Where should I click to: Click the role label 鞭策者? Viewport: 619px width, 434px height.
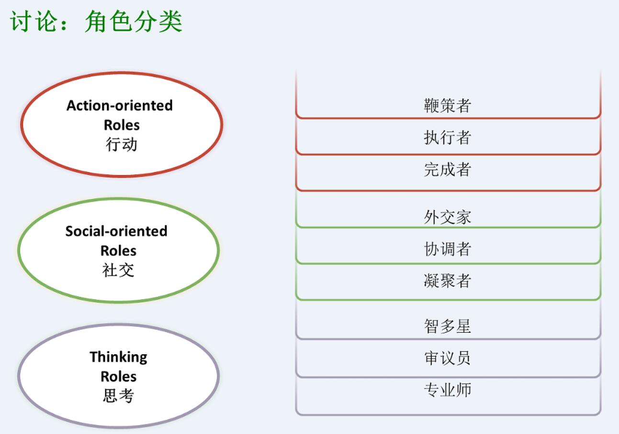448,106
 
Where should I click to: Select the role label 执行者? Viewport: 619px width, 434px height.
448,137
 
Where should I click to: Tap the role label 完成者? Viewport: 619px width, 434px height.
448,169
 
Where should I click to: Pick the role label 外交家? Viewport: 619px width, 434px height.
448,217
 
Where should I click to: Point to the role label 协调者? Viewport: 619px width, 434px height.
448,249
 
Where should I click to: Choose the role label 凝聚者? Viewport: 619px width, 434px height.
448,281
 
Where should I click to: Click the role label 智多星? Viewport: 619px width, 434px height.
448,326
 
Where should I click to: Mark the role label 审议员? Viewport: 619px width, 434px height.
448,358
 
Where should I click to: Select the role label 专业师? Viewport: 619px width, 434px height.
448,390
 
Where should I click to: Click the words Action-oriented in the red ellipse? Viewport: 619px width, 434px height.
120,106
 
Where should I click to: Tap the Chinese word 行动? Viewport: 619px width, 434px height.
121,144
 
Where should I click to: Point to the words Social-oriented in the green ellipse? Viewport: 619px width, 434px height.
116,231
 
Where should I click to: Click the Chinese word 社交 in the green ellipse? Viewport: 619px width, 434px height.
118,270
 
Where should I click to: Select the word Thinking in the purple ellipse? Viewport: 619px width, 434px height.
119,358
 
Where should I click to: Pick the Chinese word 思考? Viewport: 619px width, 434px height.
118,396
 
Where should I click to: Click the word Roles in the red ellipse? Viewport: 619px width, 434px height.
122,125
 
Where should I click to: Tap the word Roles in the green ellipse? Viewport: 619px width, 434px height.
118,251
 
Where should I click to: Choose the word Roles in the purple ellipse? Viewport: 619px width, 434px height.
119,377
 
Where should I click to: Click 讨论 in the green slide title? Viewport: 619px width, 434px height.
34,21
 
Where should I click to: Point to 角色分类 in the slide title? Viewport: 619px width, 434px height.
134,21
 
